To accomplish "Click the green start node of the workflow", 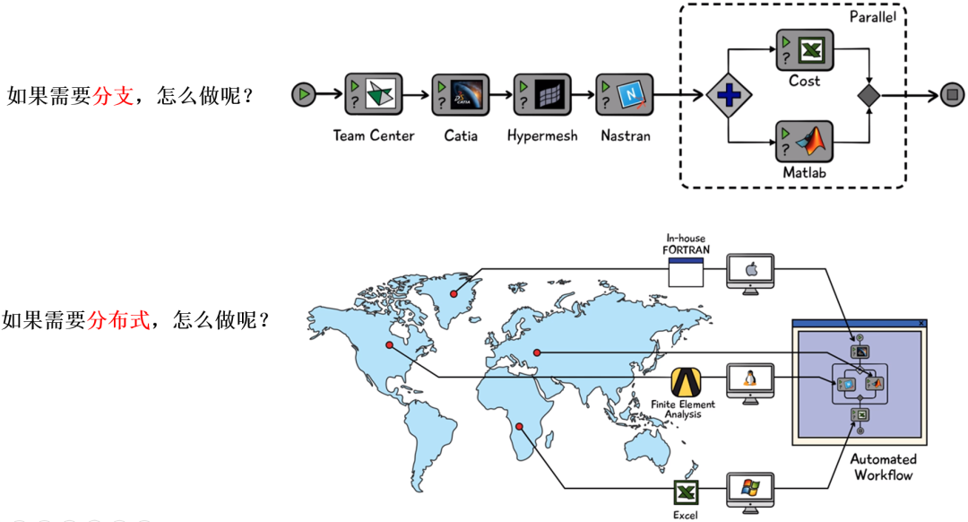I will pos(306,93).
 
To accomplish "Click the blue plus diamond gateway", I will pos(728,94).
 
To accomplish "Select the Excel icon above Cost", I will pos(804,50).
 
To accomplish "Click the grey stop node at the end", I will pos(952,94).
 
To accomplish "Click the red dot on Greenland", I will pos(454,293).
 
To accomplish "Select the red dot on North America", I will pos(389,344).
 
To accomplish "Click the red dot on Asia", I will pos(536,352).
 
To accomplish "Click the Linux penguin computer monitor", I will pos(749,379).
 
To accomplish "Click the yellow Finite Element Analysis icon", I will pos(686,383).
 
